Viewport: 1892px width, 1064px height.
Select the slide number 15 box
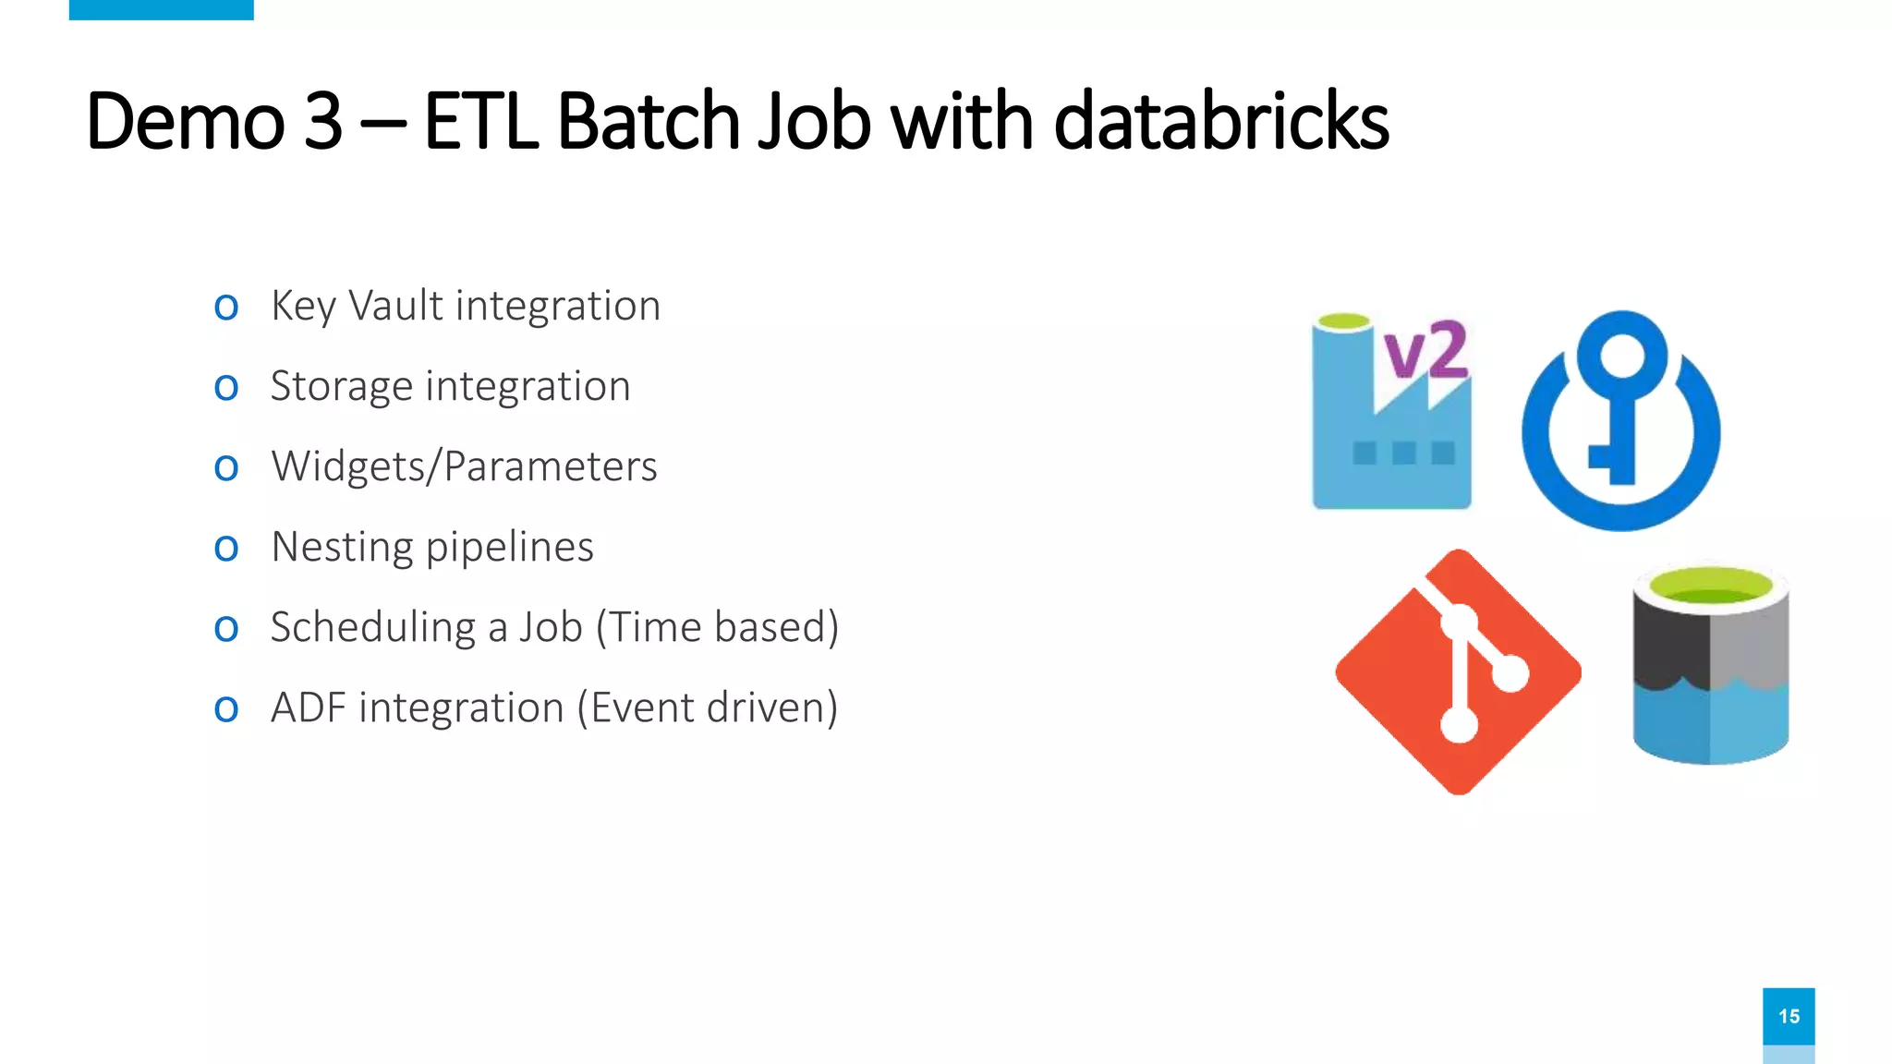[1788, 1016]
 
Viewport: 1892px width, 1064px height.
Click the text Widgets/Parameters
[464, 466]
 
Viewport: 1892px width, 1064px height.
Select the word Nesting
[341, 547]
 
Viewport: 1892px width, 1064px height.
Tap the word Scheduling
[373, 627]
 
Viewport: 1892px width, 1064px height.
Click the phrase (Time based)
[717, 627]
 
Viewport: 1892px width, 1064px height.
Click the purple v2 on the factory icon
[1425, 351]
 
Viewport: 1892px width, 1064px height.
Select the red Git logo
[1458, 671]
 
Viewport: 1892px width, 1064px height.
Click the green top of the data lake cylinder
[1710, 586]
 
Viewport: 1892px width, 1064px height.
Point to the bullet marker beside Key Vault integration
[226, 308]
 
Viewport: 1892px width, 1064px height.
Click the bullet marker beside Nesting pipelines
[226, 549]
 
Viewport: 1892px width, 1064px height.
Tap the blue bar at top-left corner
[161, 9]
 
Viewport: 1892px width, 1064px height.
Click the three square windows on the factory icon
[1403, 453]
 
